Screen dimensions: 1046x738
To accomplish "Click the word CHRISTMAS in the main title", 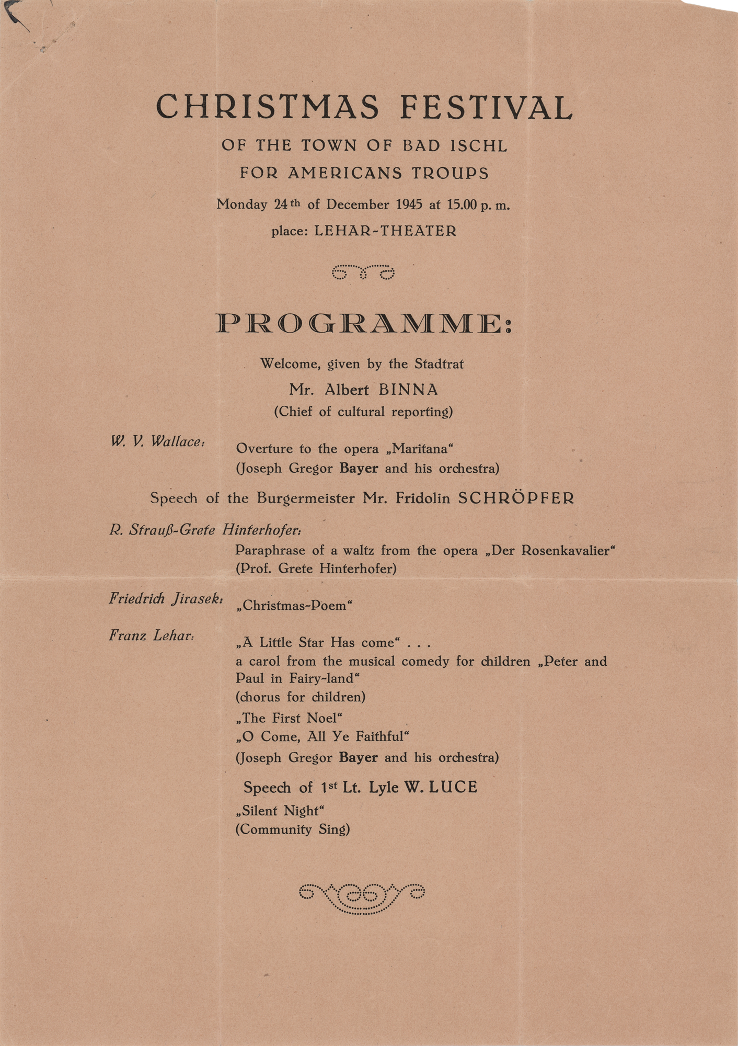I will pos(268,107).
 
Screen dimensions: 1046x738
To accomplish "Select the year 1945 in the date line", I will pos(409,204).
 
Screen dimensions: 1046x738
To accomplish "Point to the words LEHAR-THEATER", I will pos(385,231).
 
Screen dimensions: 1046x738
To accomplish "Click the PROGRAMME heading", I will pos(364,324).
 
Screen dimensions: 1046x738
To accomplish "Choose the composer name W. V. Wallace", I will pos(157,441).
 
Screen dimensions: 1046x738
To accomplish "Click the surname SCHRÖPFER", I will pos(516,498).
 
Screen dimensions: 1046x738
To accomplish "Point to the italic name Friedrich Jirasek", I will pos(166,599).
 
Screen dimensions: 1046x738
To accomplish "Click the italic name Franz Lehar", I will pos(152,635).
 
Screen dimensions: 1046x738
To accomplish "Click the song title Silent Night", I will pos(280,811).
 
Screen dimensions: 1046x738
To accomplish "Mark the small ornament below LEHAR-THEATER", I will pos(363,272).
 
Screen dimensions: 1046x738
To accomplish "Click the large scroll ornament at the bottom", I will pos(362,897).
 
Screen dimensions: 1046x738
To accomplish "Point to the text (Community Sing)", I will pos(292,829).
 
